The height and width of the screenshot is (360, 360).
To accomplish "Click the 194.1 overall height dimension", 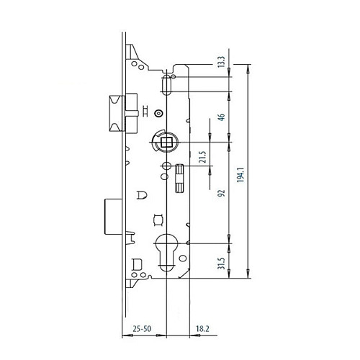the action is pos(240,175).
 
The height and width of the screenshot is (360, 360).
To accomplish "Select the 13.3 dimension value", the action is pos(221,61).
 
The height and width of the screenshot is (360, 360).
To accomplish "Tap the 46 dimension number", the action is pos(221,117).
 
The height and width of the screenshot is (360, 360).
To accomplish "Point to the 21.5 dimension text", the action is pos(203,157).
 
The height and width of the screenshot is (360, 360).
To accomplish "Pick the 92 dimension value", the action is pos(221,193).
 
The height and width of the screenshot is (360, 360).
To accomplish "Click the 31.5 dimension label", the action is pos(221,264).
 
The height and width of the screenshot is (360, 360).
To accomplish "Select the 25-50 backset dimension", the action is pos(142,328).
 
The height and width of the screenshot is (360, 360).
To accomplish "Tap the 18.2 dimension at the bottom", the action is pos(202,328).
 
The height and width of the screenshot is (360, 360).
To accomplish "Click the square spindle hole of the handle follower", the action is pos(166,143).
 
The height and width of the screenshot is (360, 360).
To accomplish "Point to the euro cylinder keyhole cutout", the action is pos(166,252).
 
